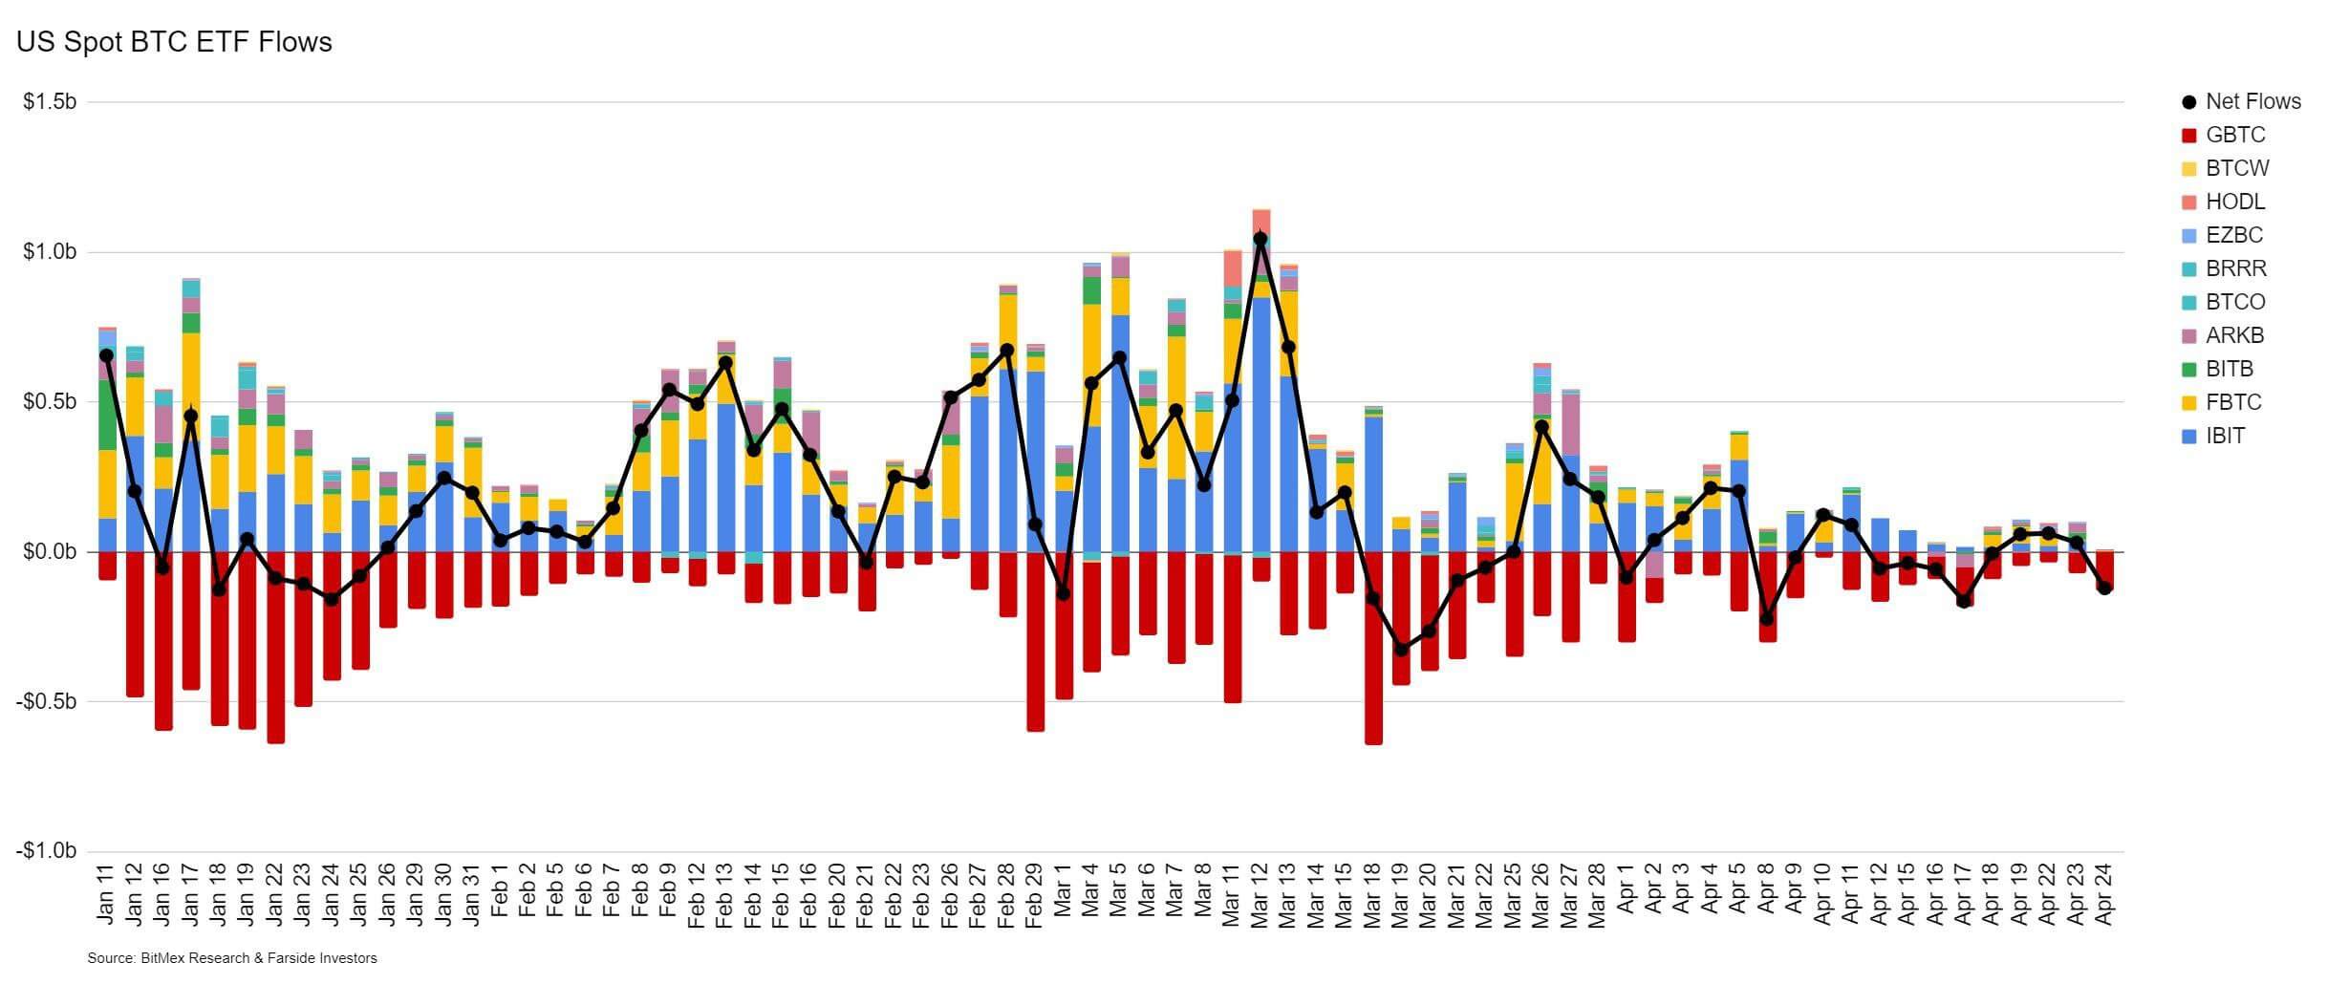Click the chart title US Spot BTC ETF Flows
tap(174, 43)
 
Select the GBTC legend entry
tap(2234, 135)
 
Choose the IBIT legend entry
tap(2225, 436)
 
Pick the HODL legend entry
tap(2234, 202)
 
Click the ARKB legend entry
tap(2234, 335)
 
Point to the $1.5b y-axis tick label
tap(50, 101)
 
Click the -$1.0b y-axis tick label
tap(46, 851)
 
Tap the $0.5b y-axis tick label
tap(50, 401)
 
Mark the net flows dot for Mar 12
tap(1260, 239)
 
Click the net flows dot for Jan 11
tap(107, 355)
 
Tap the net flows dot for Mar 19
tap(1401, 650)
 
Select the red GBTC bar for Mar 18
tap(1373, 650)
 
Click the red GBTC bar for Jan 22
tap(276, 650)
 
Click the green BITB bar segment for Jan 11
tap(107, 416)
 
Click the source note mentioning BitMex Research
tap(232, 958)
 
